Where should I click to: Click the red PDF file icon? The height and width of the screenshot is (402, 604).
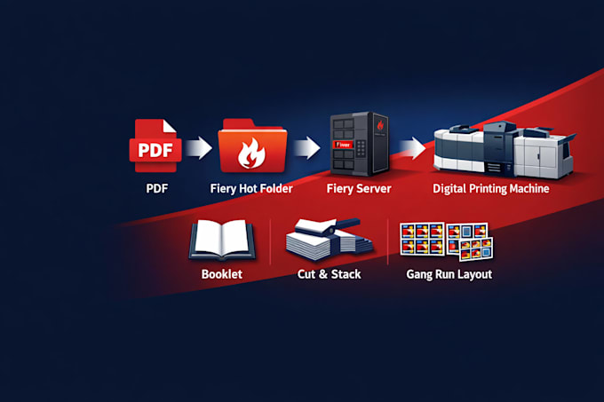point(155,146)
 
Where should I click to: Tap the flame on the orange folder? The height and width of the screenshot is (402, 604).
point(251,154)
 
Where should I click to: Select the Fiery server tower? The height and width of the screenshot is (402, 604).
point(360,144)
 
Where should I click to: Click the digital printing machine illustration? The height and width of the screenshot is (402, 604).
point(504,150)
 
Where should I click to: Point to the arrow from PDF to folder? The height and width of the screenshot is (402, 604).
point(199,148)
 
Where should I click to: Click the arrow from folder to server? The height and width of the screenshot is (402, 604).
point(307,148)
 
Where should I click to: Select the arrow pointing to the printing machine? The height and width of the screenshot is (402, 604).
point(412,148)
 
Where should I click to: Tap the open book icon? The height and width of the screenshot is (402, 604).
point(222,240)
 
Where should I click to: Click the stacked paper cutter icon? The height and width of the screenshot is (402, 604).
point(329,239)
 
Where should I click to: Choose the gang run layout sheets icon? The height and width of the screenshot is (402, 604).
point(447,241)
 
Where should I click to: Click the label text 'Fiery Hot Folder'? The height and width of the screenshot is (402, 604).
point(251,189)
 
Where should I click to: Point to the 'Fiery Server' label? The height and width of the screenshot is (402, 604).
point(359,189)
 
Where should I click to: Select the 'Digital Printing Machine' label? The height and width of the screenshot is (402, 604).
point(490,189)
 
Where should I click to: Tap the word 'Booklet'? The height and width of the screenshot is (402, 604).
point(222,274)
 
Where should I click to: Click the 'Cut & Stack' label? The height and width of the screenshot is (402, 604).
point(329,274)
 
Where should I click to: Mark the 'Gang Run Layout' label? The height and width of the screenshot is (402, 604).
point(449,275)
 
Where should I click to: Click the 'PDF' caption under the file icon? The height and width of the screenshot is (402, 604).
point(157,189)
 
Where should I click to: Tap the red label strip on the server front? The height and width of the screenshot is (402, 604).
point(343,145)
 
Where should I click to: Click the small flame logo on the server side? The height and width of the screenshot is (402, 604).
point(380,125)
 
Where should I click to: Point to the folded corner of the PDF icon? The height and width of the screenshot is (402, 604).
point(169,126)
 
